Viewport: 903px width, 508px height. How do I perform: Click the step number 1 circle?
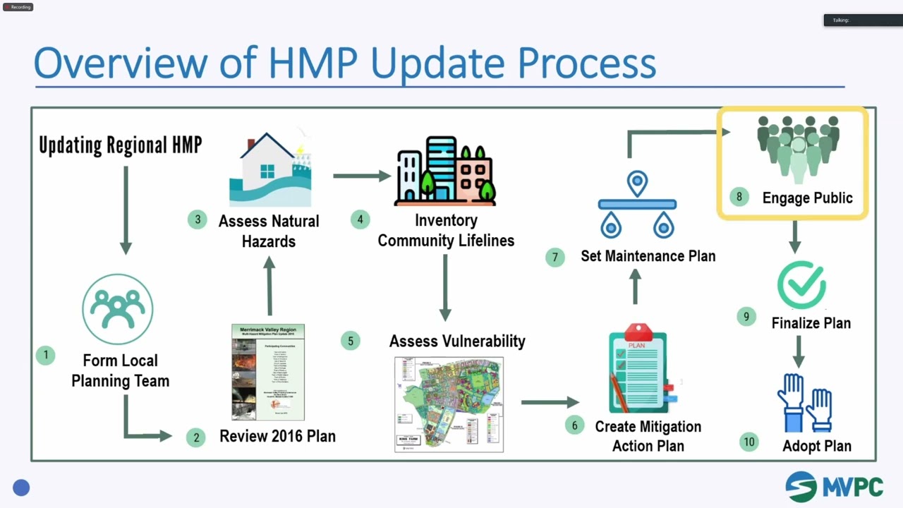point(46,355)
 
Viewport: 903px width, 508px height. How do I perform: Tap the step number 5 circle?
point(350,341)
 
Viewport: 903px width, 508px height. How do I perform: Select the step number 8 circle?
point(739,197)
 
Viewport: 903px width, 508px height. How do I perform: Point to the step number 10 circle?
point(749,442)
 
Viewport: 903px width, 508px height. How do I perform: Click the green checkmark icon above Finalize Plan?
point(801,285)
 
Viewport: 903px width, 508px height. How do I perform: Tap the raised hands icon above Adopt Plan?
point(805,403)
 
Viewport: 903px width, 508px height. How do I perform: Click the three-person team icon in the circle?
point(117,309)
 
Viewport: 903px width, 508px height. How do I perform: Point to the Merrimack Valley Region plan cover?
point(268,372)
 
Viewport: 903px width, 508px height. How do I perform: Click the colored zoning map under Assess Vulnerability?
point(449,404)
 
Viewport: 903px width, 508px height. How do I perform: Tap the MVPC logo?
point(834,487)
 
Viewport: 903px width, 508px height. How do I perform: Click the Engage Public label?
point(807,198)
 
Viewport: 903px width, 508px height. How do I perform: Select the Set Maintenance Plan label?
point(648,256)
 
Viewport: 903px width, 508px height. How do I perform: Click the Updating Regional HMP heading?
point(121,145)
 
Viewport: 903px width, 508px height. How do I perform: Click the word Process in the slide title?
point(587,63)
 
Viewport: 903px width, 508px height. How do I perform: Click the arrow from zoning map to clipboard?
point(550,402)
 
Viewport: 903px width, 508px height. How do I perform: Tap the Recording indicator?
point(18,7)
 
